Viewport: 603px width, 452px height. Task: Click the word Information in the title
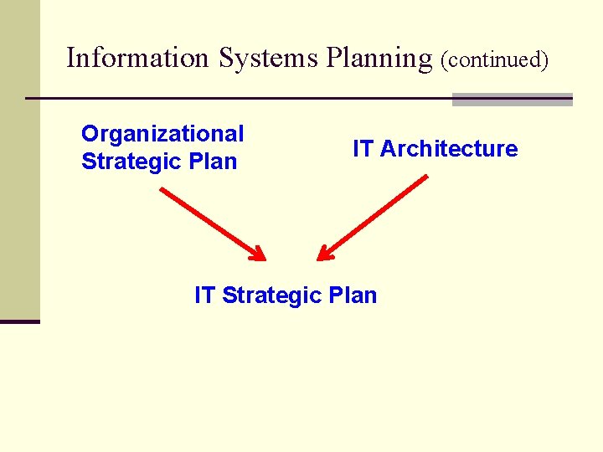(138, 58)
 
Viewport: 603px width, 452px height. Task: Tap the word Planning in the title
(379, 59)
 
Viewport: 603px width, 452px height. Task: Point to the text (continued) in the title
(494, 60)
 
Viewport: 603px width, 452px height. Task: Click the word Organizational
(162, 134)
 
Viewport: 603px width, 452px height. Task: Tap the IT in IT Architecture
(363, 149)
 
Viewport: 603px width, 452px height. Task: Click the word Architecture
(449, 149)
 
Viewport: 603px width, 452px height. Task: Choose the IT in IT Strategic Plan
(204, 295)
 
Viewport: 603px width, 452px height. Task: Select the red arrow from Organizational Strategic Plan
(209, 222)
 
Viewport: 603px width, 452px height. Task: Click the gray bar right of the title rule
(512, 100)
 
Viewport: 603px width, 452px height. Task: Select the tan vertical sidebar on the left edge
(19, 159)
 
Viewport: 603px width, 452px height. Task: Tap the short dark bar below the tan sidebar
(19, 321)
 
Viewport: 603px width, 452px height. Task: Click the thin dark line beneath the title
(234, 99)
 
